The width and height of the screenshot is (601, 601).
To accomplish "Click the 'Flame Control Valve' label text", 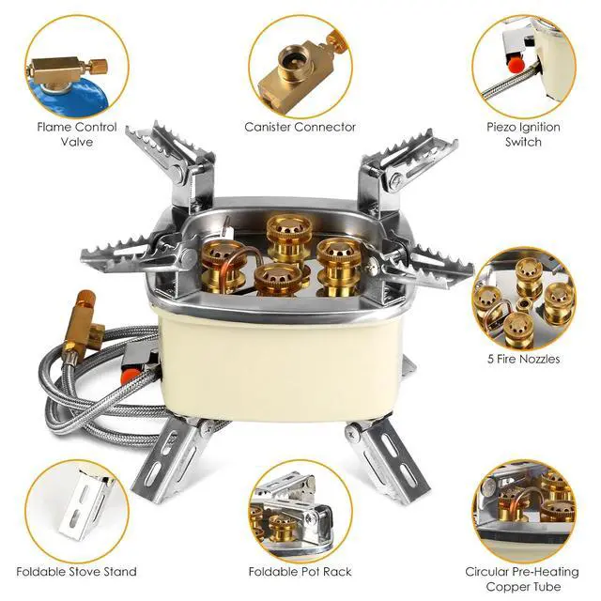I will [77, 134].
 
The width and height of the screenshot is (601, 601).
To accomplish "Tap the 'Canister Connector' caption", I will [300, 127].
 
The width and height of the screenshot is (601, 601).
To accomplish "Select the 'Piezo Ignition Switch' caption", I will [523, 134].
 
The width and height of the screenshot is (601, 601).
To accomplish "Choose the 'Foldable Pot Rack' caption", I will [300, 571].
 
